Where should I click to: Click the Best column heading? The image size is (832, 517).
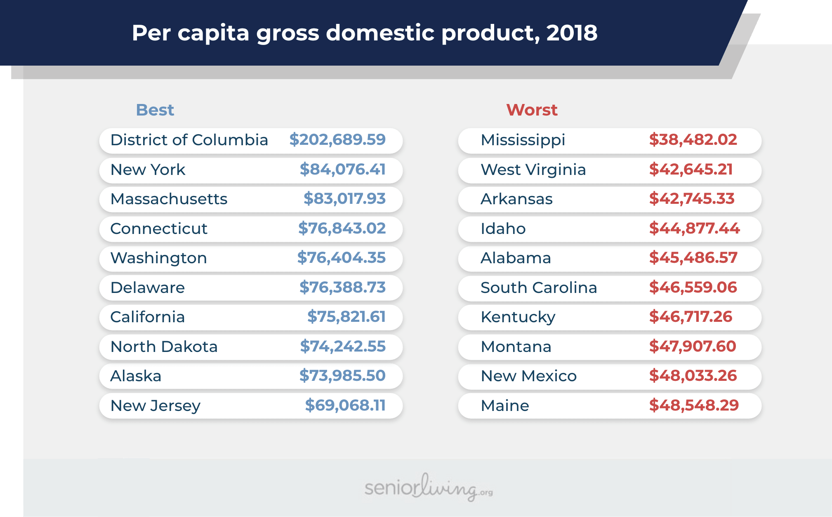point(155,110)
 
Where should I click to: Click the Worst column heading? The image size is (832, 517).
point(532,110)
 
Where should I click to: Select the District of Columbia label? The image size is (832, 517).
point(189,140)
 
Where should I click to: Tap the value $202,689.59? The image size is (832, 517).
point(337,140)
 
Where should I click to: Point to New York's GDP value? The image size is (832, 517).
point(342,169)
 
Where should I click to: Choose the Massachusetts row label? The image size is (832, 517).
point(169,199)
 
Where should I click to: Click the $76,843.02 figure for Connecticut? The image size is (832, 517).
point(342,228)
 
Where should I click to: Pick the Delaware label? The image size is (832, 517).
point(148,288)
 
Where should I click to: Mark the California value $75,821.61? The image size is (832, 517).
point(346,317)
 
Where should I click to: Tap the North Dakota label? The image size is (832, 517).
point(164,347)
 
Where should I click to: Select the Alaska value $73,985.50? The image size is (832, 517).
point(342,376)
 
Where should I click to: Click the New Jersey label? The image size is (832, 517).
point(156,406)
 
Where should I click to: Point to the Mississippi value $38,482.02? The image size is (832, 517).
point(693,140)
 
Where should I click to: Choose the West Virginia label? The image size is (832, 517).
point(533,170)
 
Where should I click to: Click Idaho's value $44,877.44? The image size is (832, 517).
point(695,228)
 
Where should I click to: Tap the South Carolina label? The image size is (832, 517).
point(539,288)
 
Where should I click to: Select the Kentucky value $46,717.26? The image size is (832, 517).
point(691,317)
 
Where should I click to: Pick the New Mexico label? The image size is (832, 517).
point(529,376)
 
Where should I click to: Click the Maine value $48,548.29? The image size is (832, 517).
point(694,406)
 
